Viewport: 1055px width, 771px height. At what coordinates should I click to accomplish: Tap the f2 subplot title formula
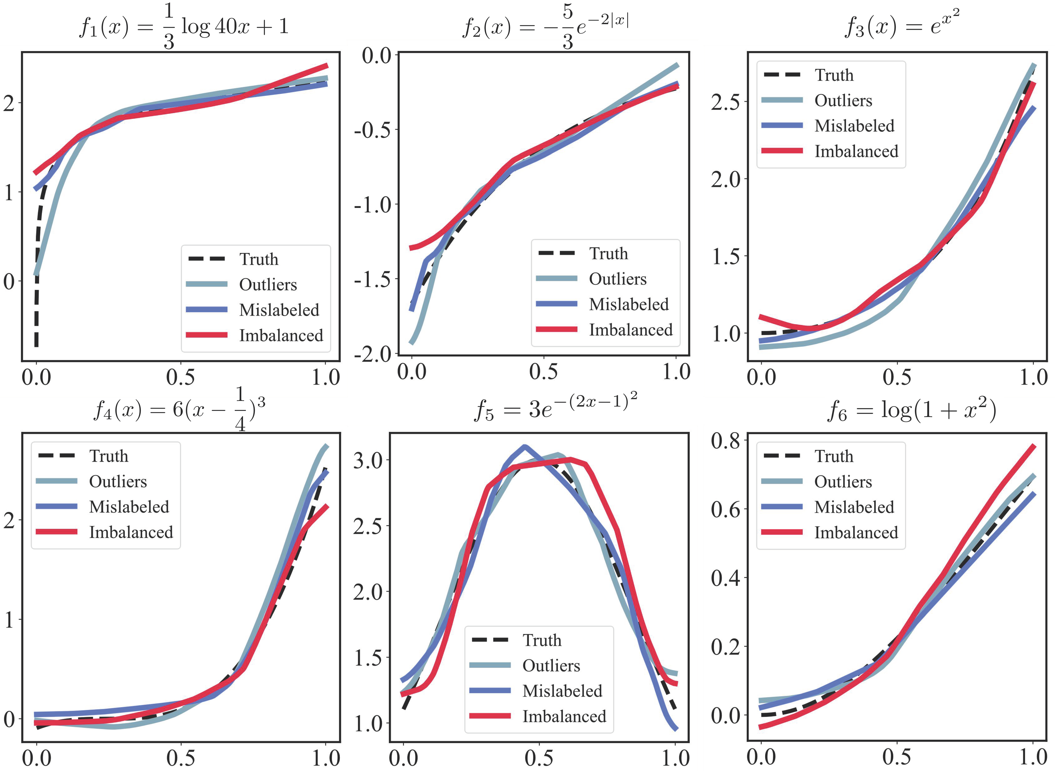[x=545, y=27]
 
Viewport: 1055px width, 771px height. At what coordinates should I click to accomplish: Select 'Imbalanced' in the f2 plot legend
[x=630, y=330]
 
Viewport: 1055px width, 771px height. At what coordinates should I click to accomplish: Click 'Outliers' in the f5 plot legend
[x=551, y=666]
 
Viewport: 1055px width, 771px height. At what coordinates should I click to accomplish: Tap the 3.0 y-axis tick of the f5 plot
[x=368, y=461]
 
